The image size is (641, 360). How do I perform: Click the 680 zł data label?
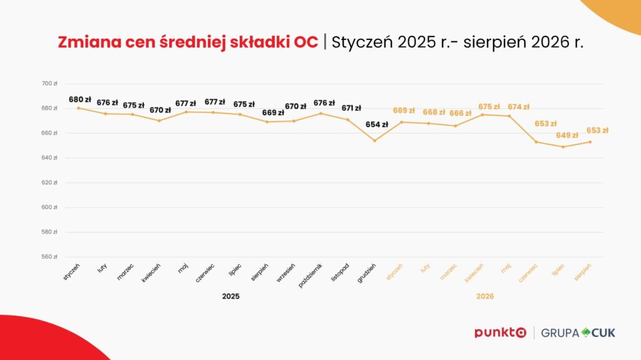pyautogui.click(x=79, y=100)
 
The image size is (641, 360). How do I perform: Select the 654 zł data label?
pyautogui.click(x=377, y=125)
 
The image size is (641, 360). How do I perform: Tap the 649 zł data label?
pyautogui.click(x=567, y=135)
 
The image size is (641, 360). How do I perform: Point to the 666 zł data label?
pyautogui.click(x=460, y=113)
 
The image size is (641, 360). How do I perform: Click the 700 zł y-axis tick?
pyautogui.click(x=49, y=83)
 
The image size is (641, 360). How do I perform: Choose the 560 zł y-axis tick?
pyautogui.click(x=49, y=257)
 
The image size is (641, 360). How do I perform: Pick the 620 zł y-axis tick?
pyautogui.click(x=49, y=182)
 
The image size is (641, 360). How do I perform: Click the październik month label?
pyautogui.click(x=310, y=275)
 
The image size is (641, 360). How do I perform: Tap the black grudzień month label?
pyautogui.click(x=366, y=273)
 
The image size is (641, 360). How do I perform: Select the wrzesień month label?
pyautogui.click(x=285, y=273)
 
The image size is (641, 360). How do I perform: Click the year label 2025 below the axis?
pyautogui.click(x=231, y=296)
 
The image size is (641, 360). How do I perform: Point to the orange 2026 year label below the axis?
pyautogui.click(x=485, y=296)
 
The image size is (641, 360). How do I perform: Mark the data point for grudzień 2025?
pyautogui.click(x=375, y=141)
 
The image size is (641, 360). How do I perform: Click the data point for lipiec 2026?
pyautogui.click(x=563, y=147)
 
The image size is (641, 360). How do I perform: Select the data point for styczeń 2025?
pyautogui.click(x=78, y=108)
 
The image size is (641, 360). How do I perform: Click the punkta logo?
pyautogui.click(x=500, y=332)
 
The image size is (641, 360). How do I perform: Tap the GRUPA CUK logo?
pyautogui.click(x=578, y=332)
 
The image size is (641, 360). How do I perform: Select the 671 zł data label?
pyautogui.click(x=352, y=108)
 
